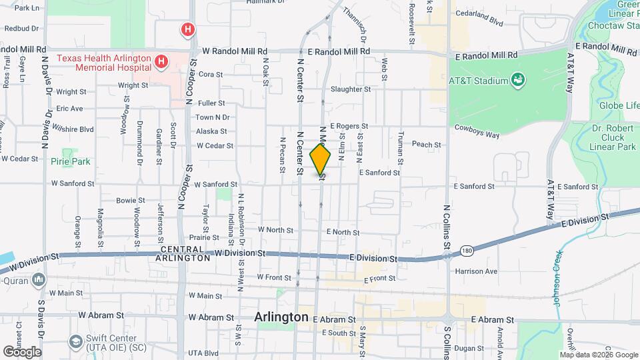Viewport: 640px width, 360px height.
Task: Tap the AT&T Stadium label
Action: pyautogui.click(x=478, y=81)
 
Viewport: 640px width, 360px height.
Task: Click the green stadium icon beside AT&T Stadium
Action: pyautogui.click(x=518, y=81)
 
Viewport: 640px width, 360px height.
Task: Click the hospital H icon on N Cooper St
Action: pyautogui.click(x=189, y=29)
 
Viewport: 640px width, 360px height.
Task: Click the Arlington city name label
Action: pyautogui.click(x=281, y=317)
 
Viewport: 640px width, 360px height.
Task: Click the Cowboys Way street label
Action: pyautogui.click(x=477, y=134)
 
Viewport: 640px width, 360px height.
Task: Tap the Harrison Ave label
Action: pyautogui.click(x=476, y=271)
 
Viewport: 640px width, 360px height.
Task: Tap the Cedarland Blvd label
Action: pyautogui.click(x=477, y=21)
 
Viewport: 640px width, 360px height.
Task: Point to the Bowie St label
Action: pyautogui.click(x=130, y=200)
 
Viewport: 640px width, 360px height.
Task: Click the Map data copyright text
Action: pyautogui.click(x=599, y=355)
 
